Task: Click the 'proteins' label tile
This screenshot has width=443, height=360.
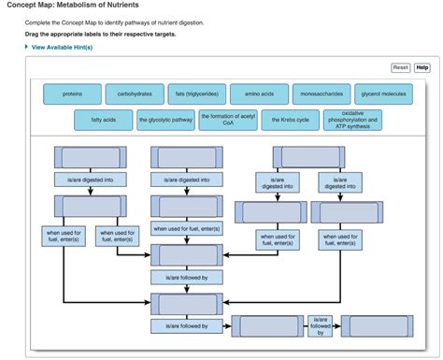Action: (x=72, y=94)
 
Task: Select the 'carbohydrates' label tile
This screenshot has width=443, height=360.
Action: (x=135, y=94)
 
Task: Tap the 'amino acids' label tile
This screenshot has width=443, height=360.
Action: (x=259, y=94)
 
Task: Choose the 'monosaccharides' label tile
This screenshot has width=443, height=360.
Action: (x=322, y=94)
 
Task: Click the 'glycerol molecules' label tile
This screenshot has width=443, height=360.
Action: (x=384, y=94)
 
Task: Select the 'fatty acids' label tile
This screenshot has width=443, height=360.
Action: (x=104, y=120)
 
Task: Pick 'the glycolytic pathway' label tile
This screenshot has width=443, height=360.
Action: (x=165, y=120)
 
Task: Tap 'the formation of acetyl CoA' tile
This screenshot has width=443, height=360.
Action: (x=228, y=120)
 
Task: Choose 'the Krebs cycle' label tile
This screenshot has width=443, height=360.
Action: (x=290, y=120)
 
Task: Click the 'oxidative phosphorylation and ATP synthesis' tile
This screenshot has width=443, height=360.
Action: (x=352, y=120)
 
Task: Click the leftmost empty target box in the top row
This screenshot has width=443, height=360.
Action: (x=90, y=157)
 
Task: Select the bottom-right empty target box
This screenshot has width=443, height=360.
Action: (x=368, y=325)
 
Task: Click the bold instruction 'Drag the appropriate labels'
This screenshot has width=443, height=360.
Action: (x=100, y=34)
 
